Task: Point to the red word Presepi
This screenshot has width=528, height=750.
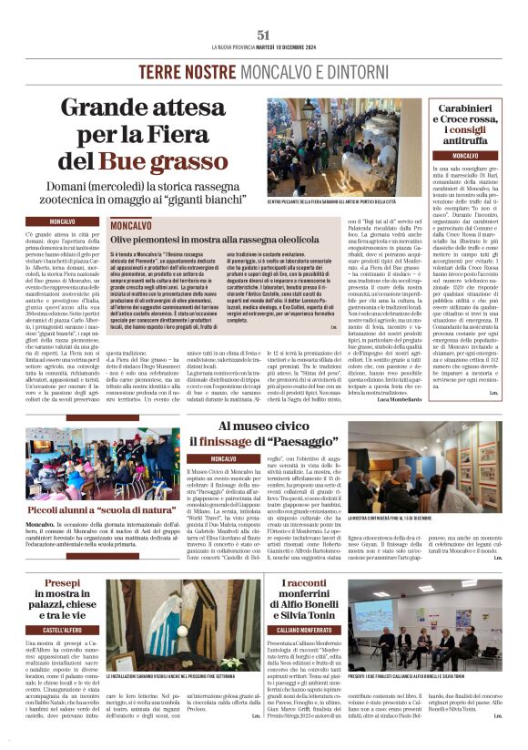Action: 61,582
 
